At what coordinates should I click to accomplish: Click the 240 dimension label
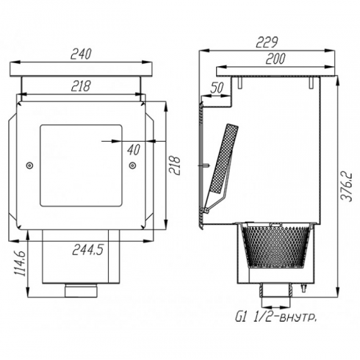81,54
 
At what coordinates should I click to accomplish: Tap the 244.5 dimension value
87,250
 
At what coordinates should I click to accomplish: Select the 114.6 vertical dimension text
21,264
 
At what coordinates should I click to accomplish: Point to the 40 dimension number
134,150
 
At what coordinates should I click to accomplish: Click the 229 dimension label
267,43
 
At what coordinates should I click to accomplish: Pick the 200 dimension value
276,59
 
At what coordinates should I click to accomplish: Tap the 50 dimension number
217,87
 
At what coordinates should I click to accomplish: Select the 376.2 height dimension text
347,187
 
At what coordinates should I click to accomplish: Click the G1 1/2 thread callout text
276,318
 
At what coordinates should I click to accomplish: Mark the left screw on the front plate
29,165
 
